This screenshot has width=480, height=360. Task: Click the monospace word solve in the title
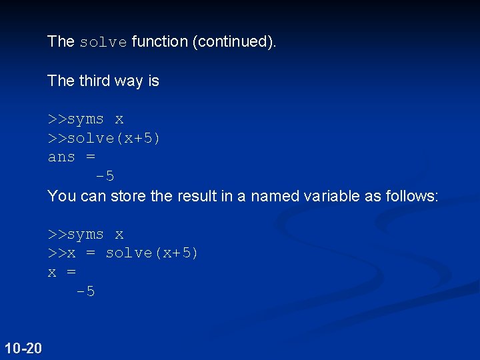tap(103, 42)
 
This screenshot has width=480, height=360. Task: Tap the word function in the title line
tap(160, 41)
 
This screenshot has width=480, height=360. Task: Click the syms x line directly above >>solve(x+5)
tap(85, 119)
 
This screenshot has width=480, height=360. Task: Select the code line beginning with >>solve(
tap(104, 139)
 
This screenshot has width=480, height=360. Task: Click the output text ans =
tap(71, 157)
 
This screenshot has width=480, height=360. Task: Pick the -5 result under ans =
tap(105, 177)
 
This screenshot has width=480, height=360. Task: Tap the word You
tap(61, 196)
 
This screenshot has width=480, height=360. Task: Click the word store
tap(128, 196)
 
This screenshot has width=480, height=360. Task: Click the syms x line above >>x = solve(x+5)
tap(85, 235)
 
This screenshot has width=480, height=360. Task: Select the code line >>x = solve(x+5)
tap(123, 253)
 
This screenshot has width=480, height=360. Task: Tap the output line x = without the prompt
tap(62, 273)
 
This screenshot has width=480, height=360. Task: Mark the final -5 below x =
tap(85, 292)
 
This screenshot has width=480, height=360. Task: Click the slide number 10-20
tap(23, 347)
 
